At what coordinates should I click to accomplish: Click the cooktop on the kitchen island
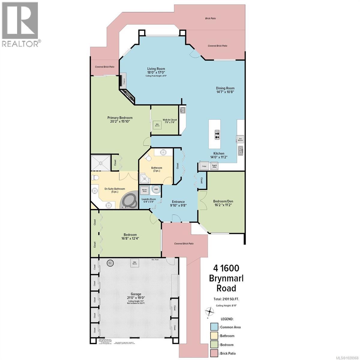[217, 135]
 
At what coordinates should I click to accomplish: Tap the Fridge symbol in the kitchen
[204, 166]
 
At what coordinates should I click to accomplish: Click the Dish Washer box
[240, 139]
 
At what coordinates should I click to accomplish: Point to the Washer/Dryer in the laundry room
[145, 190]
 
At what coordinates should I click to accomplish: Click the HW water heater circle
[156, 189]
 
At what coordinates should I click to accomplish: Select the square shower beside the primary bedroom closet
[100, 163]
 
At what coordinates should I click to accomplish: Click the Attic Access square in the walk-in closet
[157, 125]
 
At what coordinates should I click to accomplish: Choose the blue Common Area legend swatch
[214, 327]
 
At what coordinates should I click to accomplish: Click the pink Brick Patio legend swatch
[214, 353]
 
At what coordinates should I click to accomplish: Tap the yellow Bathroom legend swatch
[214, 336]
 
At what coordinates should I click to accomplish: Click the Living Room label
[156, 69]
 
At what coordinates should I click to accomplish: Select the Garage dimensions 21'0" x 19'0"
[134, 298]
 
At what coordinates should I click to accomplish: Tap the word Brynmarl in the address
[226, 278]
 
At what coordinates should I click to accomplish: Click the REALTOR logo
[20, 24]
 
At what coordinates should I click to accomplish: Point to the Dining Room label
[225, 88]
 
